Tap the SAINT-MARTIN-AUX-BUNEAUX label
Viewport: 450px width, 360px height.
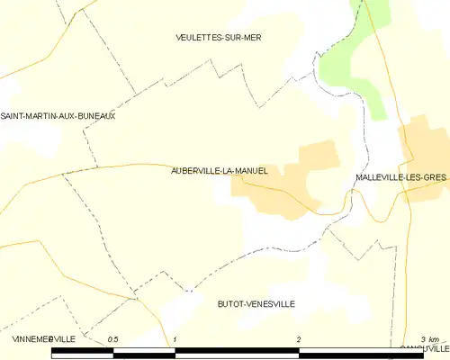point(58,116)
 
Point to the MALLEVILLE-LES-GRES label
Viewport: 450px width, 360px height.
point(401,178)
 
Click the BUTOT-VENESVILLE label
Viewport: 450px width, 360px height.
point(256,304)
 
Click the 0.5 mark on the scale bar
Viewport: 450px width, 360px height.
point(112,338)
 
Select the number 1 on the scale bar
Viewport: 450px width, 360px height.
point(175,338)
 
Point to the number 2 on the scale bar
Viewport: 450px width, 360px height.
point(299,338)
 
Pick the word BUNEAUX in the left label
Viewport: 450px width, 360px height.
point(95,116)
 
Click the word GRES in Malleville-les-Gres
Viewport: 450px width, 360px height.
point(435,178)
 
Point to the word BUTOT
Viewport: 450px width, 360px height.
point(231,304)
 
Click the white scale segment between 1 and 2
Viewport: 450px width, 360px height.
point(237,354)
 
